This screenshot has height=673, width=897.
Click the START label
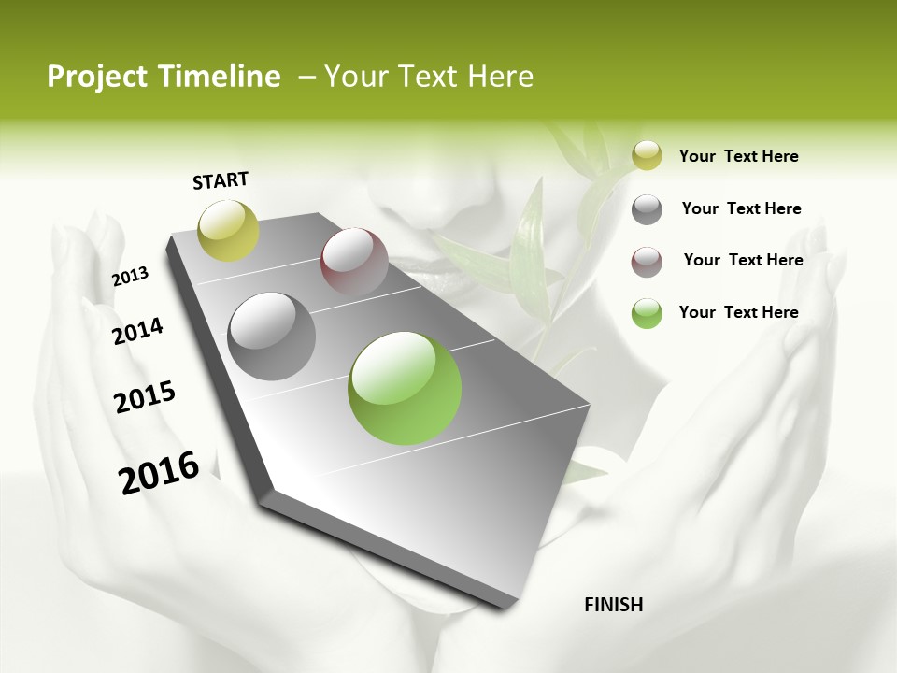221,180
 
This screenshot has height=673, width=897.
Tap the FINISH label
613,605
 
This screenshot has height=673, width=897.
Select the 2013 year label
130,277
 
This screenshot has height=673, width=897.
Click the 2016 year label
159,473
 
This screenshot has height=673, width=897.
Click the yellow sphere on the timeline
229,230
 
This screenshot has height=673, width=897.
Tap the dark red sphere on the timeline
354,262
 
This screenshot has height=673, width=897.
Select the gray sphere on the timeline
272,336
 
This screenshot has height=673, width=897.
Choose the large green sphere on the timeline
405,388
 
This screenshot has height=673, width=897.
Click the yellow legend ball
647,155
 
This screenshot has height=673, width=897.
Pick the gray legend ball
647,208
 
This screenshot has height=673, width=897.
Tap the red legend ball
647,261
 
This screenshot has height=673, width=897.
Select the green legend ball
647,313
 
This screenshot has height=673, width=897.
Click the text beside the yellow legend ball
738,156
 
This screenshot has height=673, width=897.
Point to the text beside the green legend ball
738,312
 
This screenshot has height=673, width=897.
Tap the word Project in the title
94,77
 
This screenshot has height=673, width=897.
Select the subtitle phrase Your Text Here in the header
429,77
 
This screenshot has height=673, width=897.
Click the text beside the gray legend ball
741,208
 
